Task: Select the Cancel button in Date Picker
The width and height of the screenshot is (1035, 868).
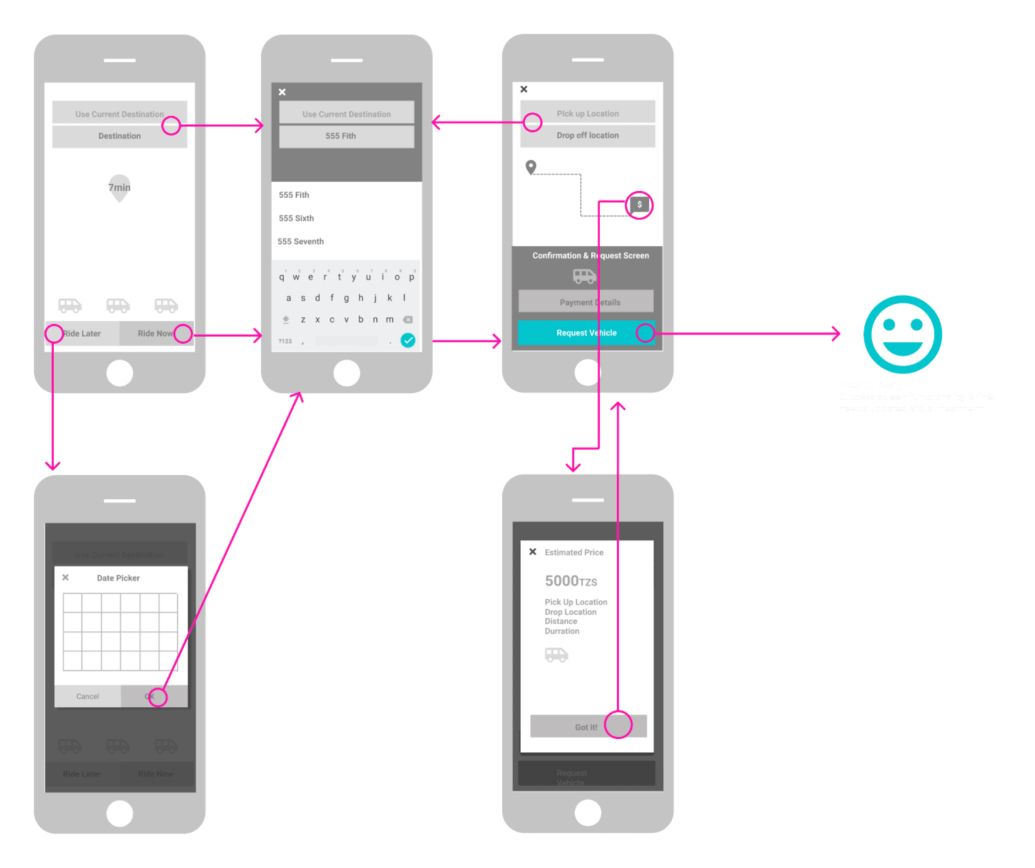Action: pyautogui.click(x=88, y=696)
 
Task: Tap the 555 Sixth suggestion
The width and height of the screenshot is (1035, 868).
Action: pyautogui.click(x=296, y=218)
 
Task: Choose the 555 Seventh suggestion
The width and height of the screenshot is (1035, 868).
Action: pyautogui.click(x=301, y=241)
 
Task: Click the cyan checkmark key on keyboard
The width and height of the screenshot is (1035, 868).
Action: pyautogui.click(x=407, y=340)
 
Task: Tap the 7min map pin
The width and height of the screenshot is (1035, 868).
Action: pyautogui.click(x=119, y=187)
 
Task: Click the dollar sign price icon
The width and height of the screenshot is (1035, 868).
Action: pyautogui.click(x=639, y=204)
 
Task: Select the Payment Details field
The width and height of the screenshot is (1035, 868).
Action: pyautogui.click(x=586, y=302)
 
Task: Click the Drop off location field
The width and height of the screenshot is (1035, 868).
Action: pyautogui.click(x=588, y=135)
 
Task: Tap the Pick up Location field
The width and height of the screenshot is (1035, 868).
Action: pyautogui.click(x=588, y=113)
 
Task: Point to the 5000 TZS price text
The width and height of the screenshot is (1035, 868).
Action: pyautogui.click(x=571, y=581)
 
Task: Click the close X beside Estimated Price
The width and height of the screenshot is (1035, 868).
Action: pyautogui.click(x=533, y=552)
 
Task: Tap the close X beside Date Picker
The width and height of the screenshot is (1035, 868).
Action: pyautogui.click(x=66, y=577)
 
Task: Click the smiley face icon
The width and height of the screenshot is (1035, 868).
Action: pyautogui.click(x=903, y=334)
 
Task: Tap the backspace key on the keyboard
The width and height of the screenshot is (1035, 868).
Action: pyautogui.click(x=407, y=319)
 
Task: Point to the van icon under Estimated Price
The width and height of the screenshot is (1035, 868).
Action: pyautogui.click(x=556, y=654)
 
